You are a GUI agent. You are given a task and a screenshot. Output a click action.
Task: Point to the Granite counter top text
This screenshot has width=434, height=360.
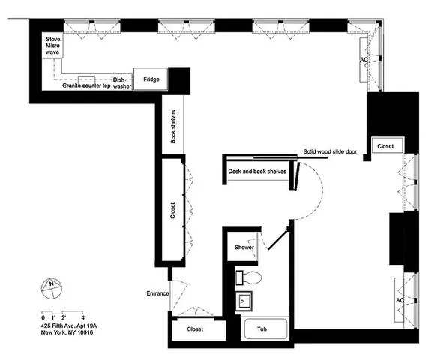[86, 86]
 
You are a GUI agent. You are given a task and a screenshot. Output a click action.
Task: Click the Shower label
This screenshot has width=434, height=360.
[244, 247]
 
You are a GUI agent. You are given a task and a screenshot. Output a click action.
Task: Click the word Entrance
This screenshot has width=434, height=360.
[158, 293]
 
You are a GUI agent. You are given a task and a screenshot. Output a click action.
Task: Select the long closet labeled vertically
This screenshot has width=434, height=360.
[173, 211]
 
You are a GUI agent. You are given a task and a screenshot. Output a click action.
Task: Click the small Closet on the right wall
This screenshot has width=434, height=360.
[386, 146]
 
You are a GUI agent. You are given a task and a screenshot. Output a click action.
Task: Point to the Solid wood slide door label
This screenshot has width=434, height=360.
[329, 151]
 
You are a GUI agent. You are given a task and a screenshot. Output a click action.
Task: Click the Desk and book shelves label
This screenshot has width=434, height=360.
[257, 172]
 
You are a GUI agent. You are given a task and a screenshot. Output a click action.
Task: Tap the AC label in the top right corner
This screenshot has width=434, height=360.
[364, 59]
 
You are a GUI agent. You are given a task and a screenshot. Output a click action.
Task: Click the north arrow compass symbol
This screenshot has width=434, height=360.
[50, 286]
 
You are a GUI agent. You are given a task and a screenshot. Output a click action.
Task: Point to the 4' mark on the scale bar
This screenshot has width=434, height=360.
[83, 318]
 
